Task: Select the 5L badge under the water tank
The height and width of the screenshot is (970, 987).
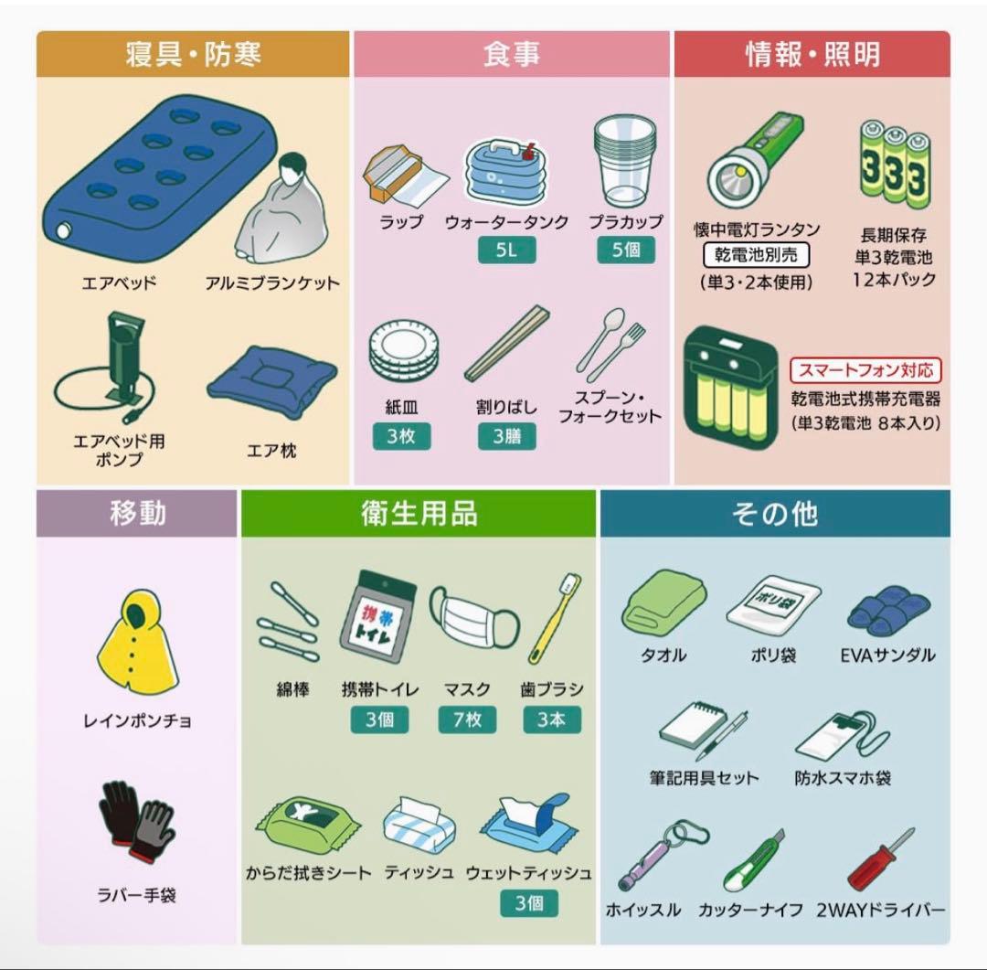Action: [506, 250]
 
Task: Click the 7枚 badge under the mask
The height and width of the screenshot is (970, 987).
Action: [466, 720]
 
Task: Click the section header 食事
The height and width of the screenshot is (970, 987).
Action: [512, 54]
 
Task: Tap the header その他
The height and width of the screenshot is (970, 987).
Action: [774, 514]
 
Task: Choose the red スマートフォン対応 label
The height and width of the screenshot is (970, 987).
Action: [865, 370]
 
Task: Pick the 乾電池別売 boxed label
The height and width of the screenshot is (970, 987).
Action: [756, 255]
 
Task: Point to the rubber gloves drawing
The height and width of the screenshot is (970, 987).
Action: [136, 819]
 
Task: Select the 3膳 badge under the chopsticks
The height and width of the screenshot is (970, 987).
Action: [506, 436]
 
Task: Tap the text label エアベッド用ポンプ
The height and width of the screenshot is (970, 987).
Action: [120, 450]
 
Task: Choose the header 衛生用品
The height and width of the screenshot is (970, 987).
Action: [419, 514]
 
